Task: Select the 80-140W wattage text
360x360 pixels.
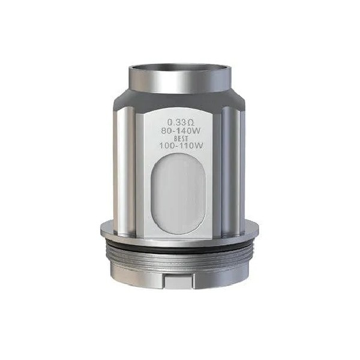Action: click(x=180, y=128)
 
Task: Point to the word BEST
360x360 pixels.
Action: click(x=180, y=137)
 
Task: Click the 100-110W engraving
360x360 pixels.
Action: click(x=180, y=146)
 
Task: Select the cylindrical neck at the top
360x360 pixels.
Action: click(x=180, y=79)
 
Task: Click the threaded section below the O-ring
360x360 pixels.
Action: click(x=180, y=255)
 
